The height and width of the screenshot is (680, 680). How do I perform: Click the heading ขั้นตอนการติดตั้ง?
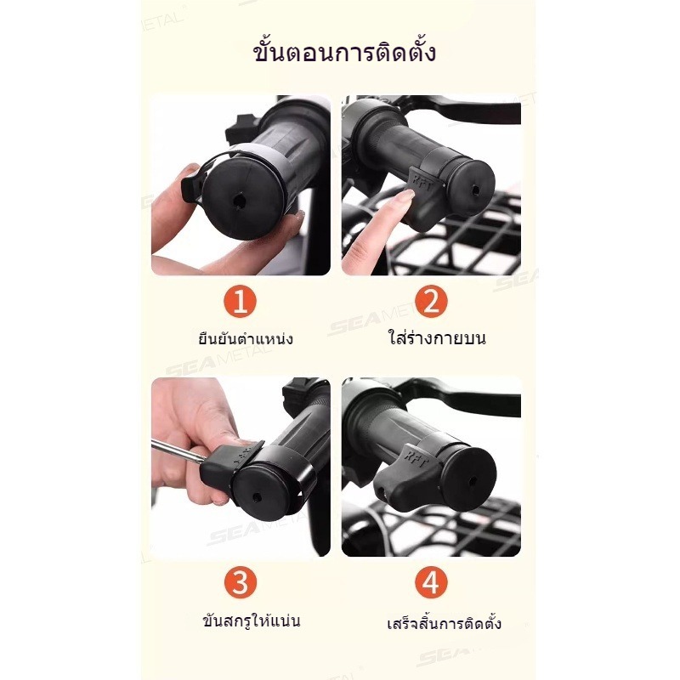pyautogui.click(x=344, y=53)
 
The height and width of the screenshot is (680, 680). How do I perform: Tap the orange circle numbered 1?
pyautogui.click(x=240, y=302)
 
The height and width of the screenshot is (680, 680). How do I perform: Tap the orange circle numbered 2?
pyautogui.click(x=431, y=302)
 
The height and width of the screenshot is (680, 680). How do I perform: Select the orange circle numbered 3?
pyautogui.click(x=241, y=582)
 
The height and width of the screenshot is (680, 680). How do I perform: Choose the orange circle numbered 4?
pyautogui.click(x=431, y=582)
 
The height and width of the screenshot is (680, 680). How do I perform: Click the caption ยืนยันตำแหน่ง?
pyautogui.click(x=246, y=338)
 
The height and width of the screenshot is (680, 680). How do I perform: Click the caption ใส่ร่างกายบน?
pyautogui.click(x=437, y=337)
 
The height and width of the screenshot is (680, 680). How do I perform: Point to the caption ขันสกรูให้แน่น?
pyautogui.click(x=251, y=620)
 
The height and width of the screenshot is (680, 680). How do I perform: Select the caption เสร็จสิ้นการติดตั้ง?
pyautogui.click(x=444, y=622)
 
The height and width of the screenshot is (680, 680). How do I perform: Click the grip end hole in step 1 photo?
pyautogui.click(x=238, y=201)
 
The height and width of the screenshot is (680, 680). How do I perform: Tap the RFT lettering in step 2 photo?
pyautogui.click(x=422, y=183)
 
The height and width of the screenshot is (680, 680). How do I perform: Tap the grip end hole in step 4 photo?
pyautogui.click(x=473, y=481)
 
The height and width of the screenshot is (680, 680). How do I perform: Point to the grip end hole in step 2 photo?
pyautogui.click(x=475, y=190)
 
